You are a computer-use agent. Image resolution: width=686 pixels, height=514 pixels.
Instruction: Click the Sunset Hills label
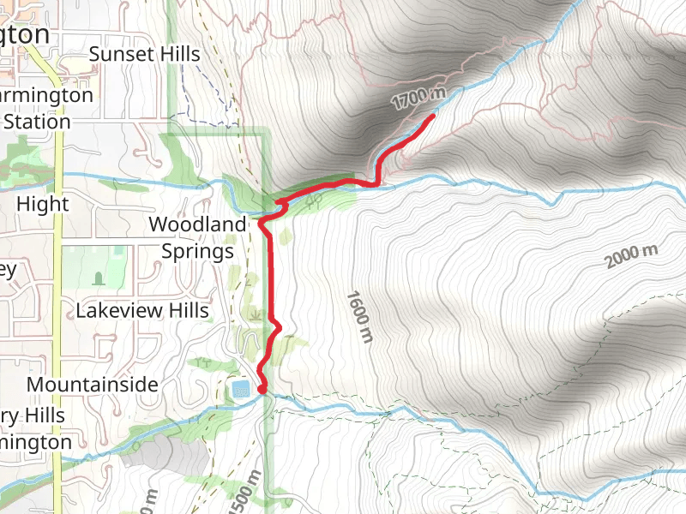coord(144,54)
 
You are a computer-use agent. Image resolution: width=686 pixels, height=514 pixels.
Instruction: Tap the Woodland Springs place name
coord(197,237)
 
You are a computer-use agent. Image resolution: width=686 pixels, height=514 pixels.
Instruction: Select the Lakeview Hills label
coord(142,310)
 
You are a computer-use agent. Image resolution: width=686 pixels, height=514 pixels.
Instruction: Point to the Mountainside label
coord(93,385)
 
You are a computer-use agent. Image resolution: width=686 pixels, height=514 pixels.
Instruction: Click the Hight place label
coord(43,205)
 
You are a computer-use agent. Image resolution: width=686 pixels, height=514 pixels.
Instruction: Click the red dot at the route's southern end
coord(262,391)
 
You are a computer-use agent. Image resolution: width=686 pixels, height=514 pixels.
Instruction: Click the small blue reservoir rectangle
coord(240,390)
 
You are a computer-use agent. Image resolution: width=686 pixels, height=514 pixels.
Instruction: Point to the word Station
coord(37,122)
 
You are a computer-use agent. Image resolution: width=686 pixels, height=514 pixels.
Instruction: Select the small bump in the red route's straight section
coord(277,324)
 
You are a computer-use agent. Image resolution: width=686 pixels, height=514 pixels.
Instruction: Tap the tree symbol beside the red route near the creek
coord(314,200)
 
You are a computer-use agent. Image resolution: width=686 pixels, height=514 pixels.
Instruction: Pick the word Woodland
coord(197,224)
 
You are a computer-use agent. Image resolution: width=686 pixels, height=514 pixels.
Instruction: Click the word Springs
coord(197,252)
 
